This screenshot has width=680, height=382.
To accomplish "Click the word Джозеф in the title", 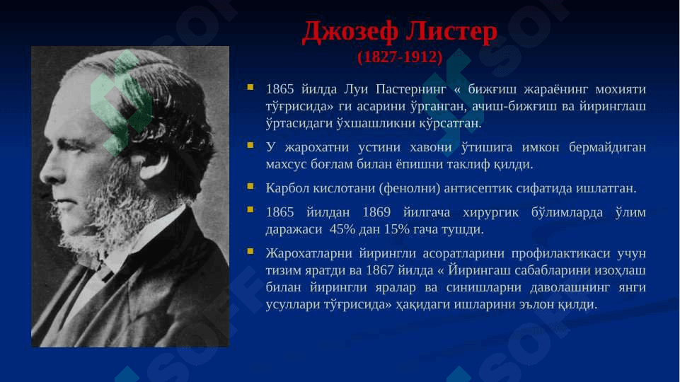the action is point(350,33).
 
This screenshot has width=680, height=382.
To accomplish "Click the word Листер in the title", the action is point(451,32).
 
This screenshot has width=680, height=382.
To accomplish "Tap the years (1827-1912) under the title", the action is point(400,57).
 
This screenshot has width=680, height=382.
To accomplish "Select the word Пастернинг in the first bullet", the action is point(410,89).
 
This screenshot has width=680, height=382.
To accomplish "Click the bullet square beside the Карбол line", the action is point(250,186).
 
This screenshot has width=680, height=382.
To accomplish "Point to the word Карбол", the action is point(287,188).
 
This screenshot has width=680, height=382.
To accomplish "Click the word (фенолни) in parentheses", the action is point(410,188).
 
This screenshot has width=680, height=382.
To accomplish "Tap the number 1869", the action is point(376,212).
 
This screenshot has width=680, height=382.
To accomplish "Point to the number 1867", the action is point(380,270).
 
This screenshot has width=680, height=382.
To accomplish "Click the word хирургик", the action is point(490,212).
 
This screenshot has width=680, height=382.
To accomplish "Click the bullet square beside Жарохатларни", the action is point(250,251).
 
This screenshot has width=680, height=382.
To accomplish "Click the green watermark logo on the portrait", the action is point(122,103).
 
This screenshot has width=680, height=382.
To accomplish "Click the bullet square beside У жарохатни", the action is point(250,145).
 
